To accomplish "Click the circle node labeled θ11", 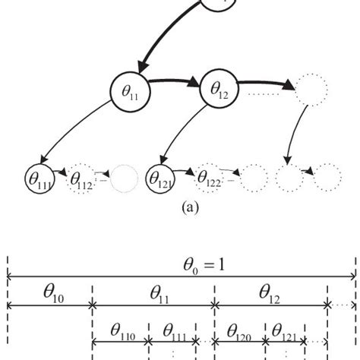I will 132,92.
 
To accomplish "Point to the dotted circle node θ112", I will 84,179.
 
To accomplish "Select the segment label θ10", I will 48,293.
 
